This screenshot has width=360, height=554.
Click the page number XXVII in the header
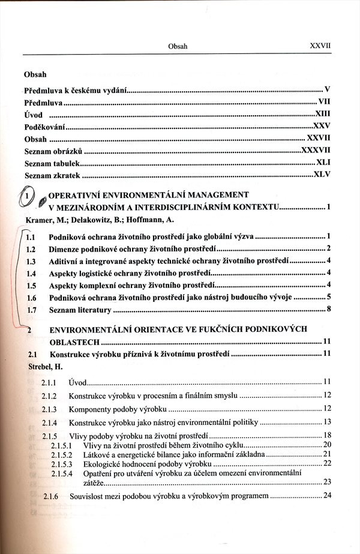(320, 45)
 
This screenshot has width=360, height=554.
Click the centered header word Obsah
(178, 46)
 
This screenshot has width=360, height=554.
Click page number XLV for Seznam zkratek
(322, 176)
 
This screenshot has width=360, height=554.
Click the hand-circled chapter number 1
(27, 196)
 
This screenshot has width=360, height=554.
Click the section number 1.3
(32, 262)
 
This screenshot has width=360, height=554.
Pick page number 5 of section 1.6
(329, 297)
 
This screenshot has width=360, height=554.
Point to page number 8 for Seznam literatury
(329, 310)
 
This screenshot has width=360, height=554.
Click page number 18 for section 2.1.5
(328, 435)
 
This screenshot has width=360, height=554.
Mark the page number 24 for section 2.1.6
(328, 496)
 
